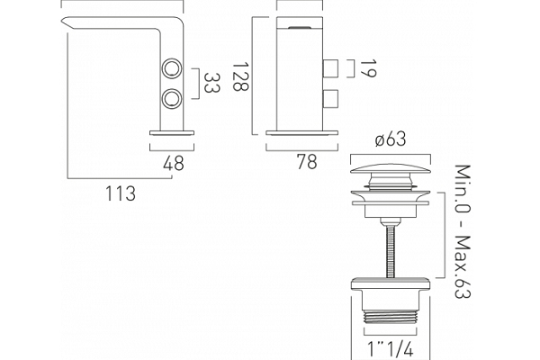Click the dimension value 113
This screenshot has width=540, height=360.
click(x=121, y=193)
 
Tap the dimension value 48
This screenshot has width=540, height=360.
click(x=174, y=163)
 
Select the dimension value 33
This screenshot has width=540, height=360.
click(x=211, y=83)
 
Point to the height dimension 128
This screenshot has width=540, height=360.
click(x=240, y=76)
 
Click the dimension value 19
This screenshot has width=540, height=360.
click(x=368, y=68)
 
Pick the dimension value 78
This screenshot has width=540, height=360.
click(x=307, y=162)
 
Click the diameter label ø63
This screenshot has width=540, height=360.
click(x=391, y=139)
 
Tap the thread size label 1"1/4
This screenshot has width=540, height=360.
click(x=391, y=349)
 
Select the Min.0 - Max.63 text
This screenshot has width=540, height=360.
click(x=463, y=231)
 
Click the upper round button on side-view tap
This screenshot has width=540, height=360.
click(x=172, y=68)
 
